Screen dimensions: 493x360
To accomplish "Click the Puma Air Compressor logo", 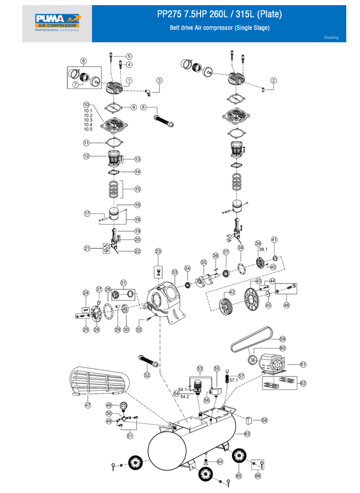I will (57, 23).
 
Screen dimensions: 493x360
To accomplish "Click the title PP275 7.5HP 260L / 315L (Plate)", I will (219, 14).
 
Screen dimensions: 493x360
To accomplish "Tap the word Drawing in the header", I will (331, 38).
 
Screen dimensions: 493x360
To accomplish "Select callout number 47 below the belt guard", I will (88, 405).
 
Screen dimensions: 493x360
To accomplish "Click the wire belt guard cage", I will (98, 381).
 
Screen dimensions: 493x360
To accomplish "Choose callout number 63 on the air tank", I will (247, 435).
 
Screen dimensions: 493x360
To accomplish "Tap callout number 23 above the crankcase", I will (158, 251).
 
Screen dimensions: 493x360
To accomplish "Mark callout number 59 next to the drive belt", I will (282, 339).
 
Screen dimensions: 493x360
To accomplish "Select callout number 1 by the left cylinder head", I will (129, 80).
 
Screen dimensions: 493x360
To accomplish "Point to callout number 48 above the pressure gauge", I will (109, 405).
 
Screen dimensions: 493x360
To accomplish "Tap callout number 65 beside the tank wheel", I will (239, 475).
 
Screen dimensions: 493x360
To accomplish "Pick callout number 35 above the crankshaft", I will (203, 262).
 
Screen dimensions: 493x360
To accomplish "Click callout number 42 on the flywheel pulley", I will (232, 292).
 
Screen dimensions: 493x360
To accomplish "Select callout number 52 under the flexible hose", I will (147, 375).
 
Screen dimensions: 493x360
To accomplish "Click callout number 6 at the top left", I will (83, 61).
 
